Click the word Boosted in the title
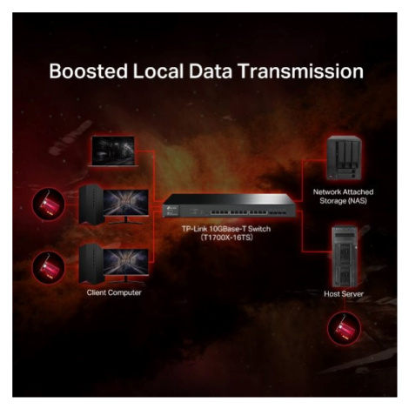tap(89, 71)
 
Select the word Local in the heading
tap(158, 71)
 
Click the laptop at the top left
tap(113, 151)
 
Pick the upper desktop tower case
tap(91, 204)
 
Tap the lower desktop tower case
tap(91, 264)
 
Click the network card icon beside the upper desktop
tap(49, 204)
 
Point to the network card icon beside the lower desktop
tap(49, 267)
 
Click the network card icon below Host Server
tap(345, 328)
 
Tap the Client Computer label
tap(114, 292)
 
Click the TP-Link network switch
tap(229, 205)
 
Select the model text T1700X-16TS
tap(226, 238)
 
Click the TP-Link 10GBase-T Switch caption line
tap(226, 229)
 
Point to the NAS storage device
tap(345, 158)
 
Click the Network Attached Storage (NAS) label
tap(343, 197)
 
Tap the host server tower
tap(345, 257)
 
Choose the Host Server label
tap(344, 294)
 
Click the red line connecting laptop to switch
tap(154, 176)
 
